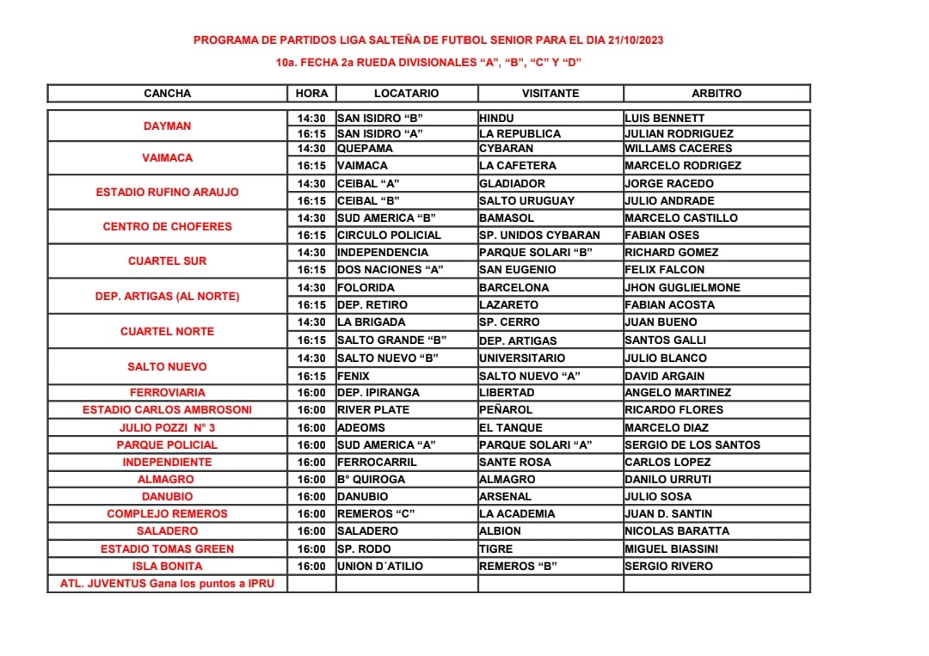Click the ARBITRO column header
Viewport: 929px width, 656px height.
[716, 93]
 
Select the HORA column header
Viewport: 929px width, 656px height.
[311, 93]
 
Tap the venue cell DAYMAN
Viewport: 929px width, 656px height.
[167, 126]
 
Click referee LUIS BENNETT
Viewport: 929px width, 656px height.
[665, 118]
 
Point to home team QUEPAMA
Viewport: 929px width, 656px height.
[365, 148]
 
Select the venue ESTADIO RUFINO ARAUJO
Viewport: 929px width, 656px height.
[167, 192]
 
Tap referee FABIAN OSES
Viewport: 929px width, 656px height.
[661, 235]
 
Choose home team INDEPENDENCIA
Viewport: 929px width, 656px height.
[382, 252]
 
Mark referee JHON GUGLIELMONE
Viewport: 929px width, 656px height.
[682, 287]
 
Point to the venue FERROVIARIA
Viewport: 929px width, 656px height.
[167, 392]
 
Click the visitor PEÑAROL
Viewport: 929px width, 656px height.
[506, 409]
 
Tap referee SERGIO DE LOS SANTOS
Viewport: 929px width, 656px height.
[692, 444]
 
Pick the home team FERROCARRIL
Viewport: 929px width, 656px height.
[377, 462]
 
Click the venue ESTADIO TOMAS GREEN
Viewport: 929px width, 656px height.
[167, 549]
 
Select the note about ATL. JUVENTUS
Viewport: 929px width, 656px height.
[167, 583]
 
